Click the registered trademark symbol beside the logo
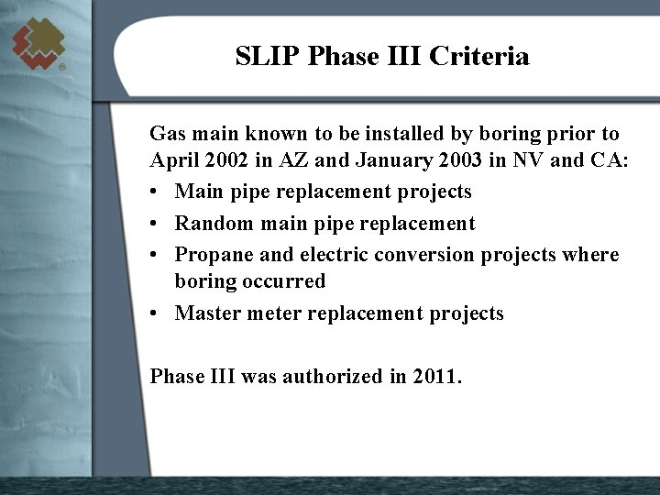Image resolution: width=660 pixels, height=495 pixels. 61,68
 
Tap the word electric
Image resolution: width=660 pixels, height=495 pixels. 337,254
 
